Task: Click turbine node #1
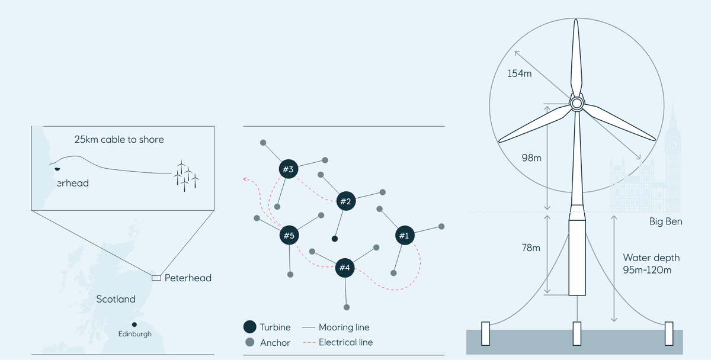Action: [x=404, y=236]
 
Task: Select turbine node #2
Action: [x=345, y=201]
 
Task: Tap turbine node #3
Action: [x=288, y=170]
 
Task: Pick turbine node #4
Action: [x=344, y=268]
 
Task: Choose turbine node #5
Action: [x=289, y=236]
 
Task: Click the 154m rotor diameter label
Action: [x=519, y=74]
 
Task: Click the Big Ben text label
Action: [x=665, y=222]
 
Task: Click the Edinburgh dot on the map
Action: [x=134, y=324]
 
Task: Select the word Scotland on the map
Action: [x=116, y=300]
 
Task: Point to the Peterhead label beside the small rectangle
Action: [x=188, y=278]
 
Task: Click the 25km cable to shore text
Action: [x=119, y=140]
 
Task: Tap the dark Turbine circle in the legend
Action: [x=250, y=327]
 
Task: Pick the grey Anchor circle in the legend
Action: [x=250, y=342]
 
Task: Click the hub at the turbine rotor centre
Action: [x=576, y=104]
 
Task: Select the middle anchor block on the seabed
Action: [x=577, y=333]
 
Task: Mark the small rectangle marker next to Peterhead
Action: [x=156, y=278]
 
